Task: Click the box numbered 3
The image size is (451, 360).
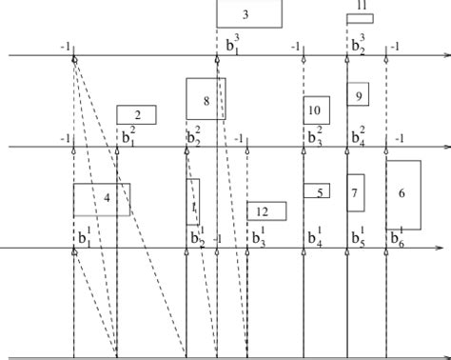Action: tap(249, 13)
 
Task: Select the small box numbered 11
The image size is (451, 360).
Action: tap(360, 18)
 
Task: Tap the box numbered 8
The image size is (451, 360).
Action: tap(206, 99)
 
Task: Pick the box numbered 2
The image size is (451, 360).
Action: tap(136, 115)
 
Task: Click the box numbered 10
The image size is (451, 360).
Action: tap(316, 110)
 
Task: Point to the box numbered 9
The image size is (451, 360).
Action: tap(358, 95)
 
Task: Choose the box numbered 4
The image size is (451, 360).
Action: tap(102, 199)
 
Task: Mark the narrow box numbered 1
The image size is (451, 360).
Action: tap(193, 202)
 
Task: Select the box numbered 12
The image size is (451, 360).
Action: tap(266, 211)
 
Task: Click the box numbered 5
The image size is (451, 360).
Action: tap(317, 191)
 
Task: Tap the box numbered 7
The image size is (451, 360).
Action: tap(355, 192)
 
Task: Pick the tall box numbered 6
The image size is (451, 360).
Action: tap(403, 194)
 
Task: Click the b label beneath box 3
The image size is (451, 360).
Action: tap(233, 44)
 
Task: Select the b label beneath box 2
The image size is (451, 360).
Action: tap(127, 136)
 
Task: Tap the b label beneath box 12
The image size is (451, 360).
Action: tap(256, 236)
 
